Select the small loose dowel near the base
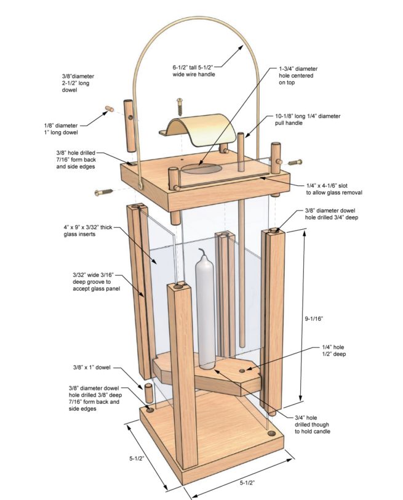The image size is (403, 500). click(148, 393)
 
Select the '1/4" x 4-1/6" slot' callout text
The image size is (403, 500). click(333, 188)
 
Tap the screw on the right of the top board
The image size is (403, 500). click(295, 163)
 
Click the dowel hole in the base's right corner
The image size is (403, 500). click(269, 433)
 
